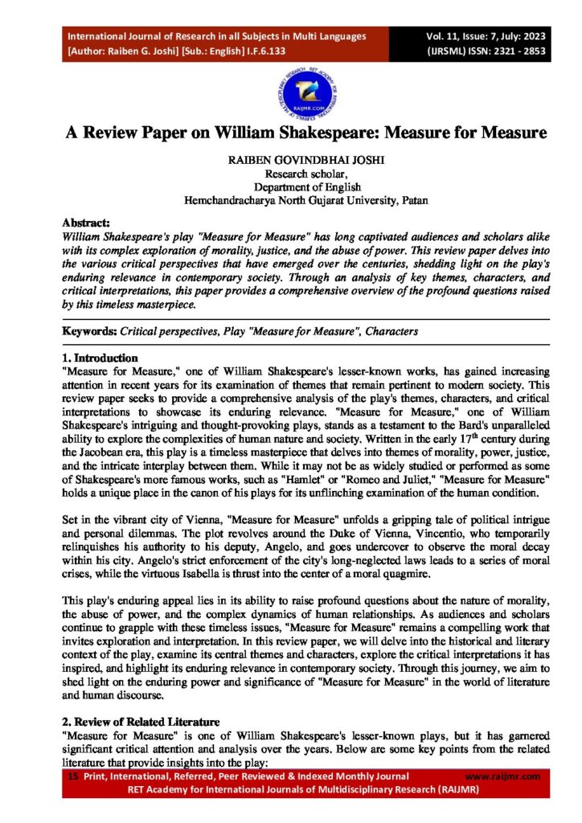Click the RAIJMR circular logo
tap(290, 86)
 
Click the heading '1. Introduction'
tap(100, 358)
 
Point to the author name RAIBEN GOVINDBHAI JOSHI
tap(292, 161)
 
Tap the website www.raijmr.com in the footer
tap(503, 776)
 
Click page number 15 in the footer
tap(72, 776)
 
